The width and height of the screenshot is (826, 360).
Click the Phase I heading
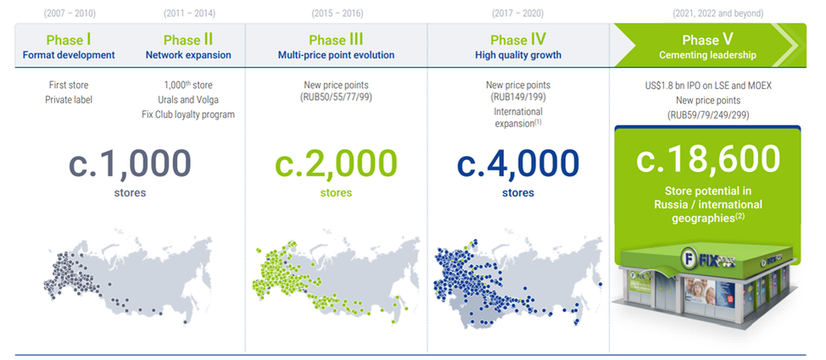69,40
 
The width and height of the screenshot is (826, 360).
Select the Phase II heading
188,40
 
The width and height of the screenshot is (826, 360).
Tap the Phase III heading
336,40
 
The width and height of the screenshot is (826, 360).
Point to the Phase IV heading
518,40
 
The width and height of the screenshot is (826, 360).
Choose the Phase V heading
707,40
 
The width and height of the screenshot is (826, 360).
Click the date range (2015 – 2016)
337,14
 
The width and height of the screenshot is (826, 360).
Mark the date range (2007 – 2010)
69,14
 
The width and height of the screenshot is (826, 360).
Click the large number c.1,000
130,163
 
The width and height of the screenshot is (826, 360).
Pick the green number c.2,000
336,163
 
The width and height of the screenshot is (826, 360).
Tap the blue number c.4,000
518,163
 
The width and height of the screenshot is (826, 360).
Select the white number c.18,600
707,158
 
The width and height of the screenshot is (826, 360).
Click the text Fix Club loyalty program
188,114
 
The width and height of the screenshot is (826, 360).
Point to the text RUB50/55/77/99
337,97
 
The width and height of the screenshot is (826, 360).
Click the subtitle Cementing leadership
707,55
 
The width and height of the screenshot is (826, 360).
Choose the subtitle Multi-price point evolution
336,55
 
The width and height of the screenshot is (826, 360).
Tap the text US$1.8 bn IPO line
707,86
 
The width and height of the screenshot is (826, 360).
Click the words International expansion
517,118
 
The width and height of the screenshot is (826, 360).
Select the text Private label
69,100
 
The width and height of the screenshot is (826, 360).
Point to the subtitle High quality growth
518,55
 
